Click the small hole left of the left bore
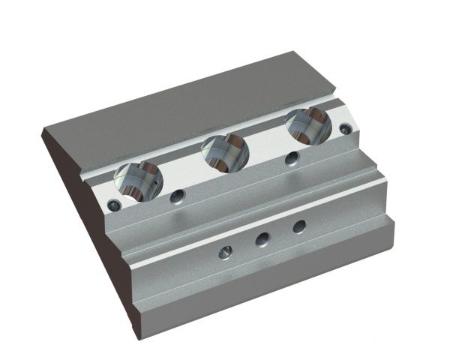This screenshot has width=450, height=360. coord(114,204)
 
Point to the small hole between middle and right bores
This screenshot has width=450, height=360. coord(291,158)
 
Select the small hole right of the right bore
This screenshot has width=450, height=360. coord(344,129)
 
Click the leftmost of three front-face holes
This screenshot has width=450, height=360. coord(223,253)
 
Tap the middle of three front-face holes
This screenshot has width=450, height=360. coord(262,239)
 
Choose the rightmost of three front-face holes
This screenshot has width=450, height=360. coord(298,226)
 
